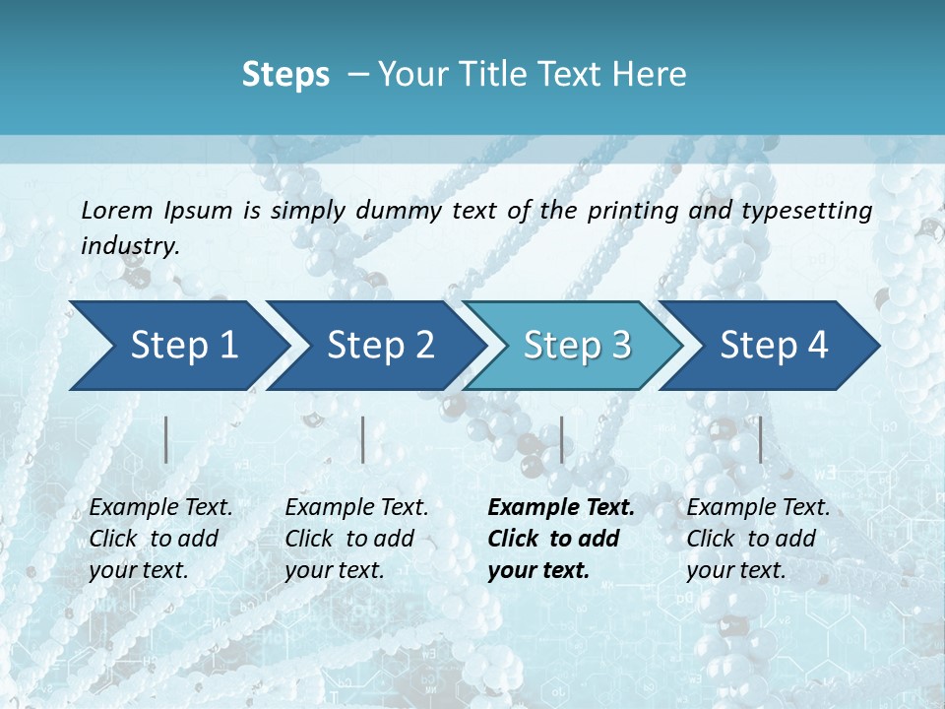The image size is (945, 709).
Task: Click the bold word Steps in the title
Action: (x=285, y=75)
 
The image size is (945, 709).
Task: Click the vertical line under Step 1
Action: (x=166, y=439)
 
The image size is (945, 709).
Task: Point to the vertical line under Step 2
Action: (x=363, y=439)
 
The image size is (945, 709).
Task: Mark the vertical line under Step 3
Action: (x=561, y=439)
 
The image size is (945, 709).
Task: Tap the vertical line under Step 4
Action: (x=760, y=439)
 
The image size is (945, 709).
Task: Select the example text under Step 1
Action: (x=160, y=539)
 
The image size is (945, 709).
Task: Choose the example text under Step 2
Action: (x=356, y=539)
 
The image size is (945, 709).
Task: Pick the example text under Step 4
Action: (x=758, y=539)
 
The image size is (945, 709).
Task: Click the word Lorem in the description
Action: (x=117, y=211)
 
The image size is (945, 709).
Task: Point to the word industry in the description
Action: (x=130, y=246)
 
